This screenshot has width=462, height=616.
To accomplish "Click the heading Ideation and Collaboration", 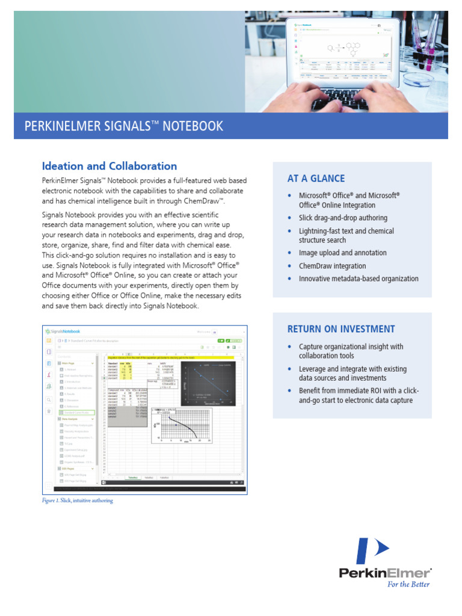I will [x=109, y=166].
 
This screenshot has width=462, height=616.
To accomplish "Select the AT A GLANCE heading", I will [x=316, y=179].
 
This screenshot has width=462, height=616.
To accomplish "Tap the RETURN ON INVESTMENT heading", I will [x=340, y=329].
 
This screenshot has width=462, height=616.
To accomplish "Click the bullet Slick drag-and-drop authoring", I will [x=343, y=218].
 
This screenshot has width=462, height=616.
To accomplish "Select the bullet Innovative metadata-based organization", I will [x=359, y=279].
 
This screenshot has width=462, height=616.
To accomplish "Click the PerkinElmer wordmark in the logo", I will [x=385, y=573].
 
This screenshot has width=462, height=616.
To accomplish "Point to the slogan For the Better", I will [x=408, y=584].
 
